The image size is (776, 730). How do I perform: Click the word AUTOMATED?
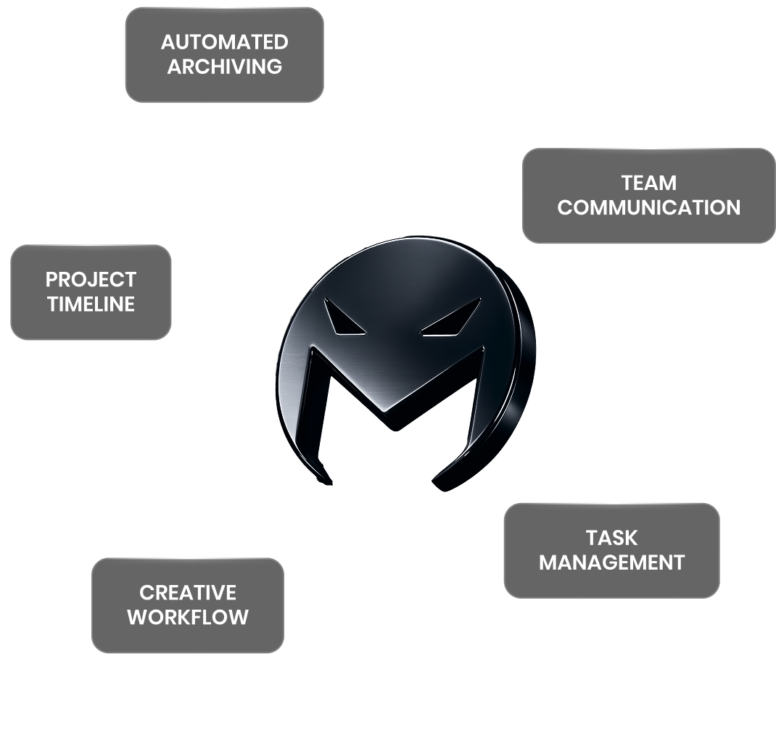click(x=224, y=42)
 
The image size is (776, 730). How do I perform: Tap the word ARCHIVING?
click(x=224, y=67)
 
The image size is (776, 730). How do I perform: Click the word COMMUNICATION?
click(x=648, y=207)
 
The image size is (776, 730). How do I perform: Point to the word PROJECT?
click(x=91, y=279)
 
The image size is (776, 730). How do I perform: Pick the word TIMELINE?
click(x=91, y=304)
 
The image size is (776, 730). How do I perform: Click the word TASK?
click(x=611, y=537)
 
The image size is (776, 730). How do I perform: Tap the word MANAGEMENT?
click(x=611, y=563)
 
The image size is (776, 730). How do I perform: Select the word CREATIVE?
click(x=187, y=593)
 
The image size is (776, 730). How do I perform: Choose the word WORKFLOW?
click(x=187, y=618)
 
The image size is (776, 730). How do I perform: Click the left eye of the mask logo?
click(x=344, y=319)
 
